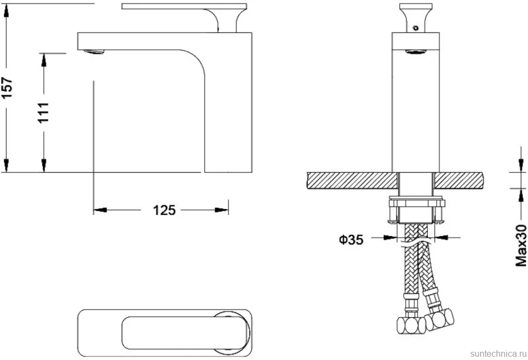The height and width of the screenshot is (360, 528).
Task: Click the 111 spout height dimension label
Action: coord(44,113)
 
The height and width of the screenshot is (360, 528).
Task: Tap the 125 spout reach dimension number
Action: coord(164,210)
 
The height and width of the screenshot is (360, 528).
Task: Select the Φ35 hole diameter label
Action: coord(351,240)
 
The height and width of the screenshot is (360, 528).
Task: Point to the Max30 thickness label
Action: coord(521,246)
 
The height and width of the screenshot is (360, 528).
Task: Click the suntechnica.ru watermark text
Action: coord(498,353)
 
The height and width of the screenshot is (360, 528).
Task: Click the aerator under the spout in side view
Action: coord(95,52)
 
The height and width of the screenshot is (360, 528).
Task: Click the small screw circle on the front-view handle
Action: coord(415,28)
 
